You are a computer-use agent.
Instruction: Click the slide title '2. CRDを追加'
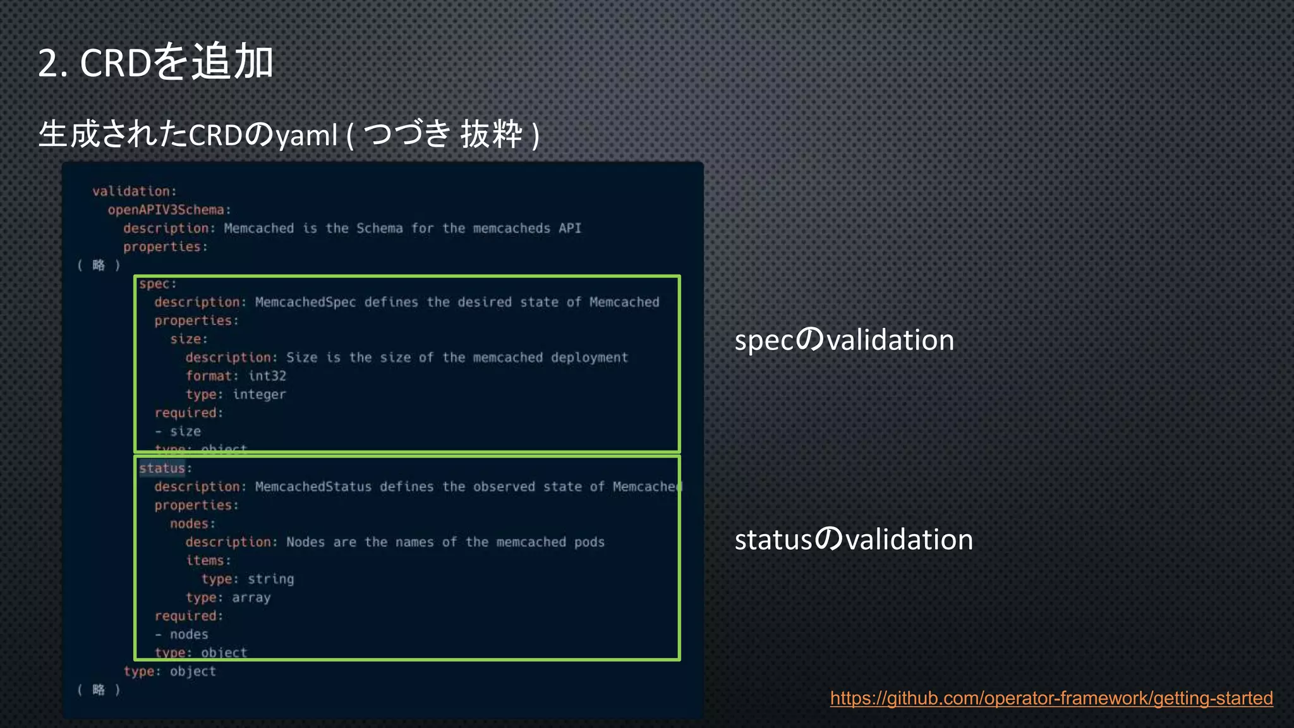(155, 62)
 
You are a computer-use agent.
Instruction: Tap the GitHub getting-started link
(1051, 698)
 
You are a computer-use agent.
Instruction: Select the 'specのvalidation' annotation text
(844, 340)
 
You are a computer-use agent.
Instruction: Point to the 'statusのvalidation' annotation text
(854, 540)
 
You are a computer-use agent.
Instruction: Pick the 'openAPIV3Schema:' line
(169, 210)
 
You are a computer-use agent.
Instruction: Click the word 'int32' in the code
(267, 376)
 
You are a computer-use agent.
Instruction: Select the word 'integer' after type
(259, 394)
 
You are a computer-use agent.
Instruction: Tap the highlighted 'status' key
(162, 468)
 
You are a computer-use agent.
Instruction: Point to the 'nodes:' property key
(192, 524)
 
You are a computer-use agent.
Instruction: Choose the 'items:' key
(208, 561)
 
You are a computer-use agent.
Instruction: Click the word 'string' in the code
(270, 579)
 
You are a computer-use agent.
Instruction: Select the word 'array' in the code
(251, 598)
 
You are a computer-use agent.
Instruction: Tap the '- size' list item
(178, 432)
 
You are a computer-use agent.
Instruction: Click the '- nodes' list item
(181, 634)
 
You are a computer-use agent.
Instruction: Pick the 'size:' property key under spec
(188, 339)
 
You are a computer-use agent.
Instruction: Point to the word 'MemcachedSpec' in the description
(305, 303)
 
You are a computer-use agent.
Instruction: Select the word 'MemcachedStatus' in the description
(313, 487)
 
